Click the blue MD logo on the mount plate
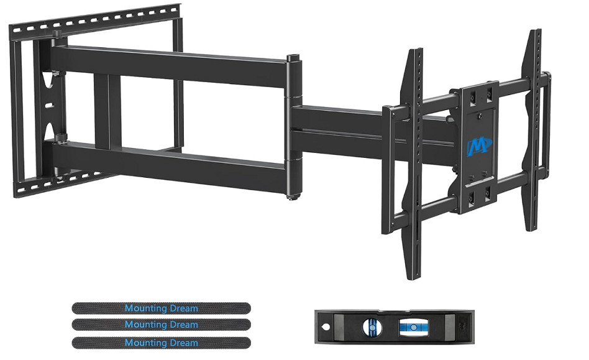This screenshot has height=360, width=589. click(479, 146)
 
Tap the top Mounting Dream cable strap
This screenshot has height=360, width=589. click(161, 308)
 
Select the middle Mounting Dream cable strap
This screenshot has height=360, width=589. click(161, 325)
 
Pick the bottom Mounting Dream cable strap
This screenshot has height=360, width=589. click(161, 343)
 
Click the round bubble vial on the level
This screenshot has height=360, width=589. click(372, 327)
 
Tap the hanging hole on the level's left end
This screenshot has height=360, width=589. click(326, 327)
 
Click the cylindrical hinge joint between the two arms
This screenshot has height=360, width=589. click(294, 127)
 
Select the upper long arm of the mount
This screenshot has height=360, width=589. click(169, 65)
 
